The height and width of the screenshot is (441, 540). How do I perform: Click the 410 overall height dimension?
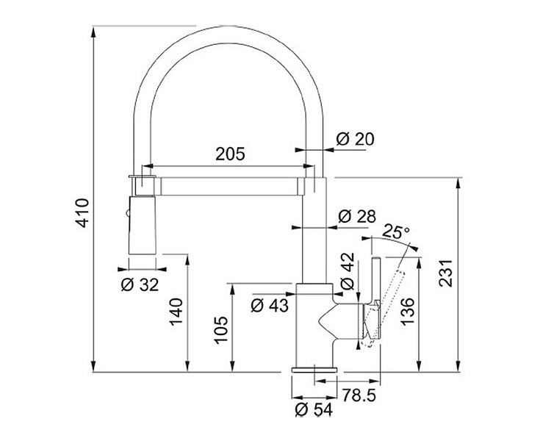[82, 212]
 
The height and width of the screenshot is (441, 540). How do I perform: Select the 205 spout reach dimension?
[230, 154]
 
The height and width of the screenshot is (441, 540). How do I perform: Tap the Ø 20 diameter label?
[355, 139]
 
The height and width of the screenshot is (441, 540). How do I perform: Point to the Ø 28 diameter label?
[357, 216]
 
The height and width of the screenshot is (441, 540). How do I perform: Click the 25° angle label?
[396, 232]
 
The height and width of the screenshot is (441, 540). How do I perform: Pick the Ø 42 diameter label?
[347, 270]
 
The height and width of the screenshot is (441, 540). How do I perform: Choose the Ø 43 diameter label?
[270, 306]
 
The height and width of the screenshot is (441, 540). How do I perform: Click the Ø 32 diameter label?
[140, 285]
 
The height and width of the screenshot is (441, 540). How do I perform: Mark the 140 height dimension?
[176, 312]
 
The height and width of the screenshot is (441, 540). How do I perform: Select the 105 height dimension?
[221, 330]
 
